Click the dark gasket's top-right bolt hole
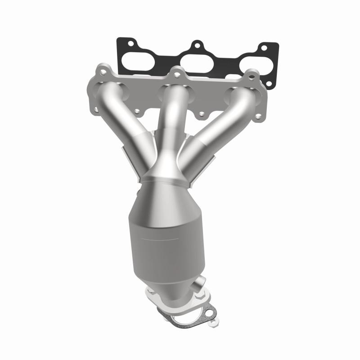pyautogui.click(x=264, y=48)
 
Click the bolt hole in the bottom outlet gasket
pyautogui.click(x=209, y=313)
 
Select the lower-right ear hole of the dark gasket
pyautogui.click(x=269, y=83)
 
